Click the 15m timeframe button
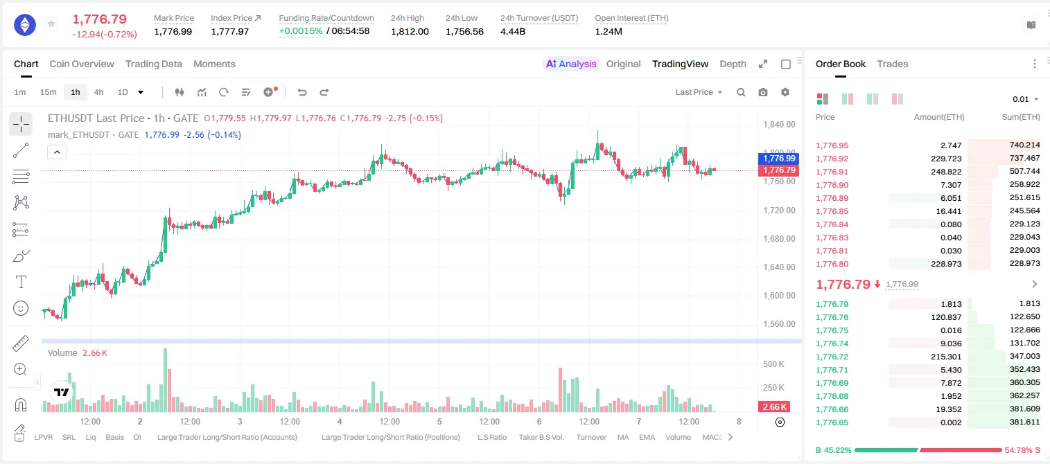click(49, 92)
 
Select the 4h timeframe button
click(98, 92)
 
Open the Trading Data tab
click(154, 64)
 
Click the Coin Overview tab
click(82, 64)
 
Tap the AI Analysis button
click(571, 64)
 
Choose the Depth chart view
click(733, 64)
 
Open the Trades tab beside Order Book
click(893, 64)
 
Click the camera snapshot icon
click(763, 92)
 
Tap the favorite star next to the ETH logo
click(51, 24)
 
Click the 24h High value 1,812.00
click(410, 31)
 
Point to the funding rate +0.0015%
click(301, 31)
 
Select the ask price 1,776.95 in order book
click(832, 145)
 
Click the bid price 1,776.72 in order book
click(832, 357)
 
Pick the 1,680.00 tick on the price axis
click(779, 239)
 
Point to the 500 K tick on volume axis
click(773, 364)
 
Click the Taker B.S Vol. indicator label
click(541, 437)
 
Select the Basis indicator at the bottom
click(115, 437)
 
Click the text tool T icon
click(21, 282)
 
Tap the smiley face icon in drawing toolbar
click(21, 308)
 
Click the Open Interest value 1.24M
click(609, 31)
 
